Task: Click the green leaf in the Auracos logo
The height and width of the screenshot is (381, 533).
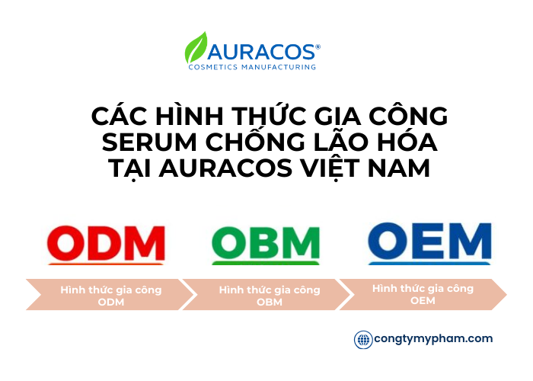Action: pyautogui.click(x=196, y=48)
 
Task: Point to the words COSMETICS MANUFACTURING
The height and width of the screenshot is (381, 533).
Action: pyautogui.click(x=252, y=67)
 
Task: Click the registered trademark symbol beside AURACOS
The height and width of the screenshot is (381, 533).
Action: pyautogui.click(x=318, y=46)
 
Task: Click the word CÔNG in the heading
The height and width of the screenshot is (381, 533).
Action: pyautogui.click(x=404, y=117)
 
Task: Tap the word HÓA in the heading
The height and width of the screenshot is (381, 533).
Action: pyautogui.click(x=408, y=142)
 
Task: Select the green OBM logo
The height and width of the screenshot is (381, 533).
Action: pyautogui.click(x=265, y=244)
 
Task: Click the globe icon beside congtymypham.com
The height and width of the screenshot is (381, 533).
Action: pyautogui.click(x=363, y=340)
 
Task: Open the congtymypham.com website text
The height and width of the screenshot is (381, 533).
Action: pyautogui.click(x=433, y=339)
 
